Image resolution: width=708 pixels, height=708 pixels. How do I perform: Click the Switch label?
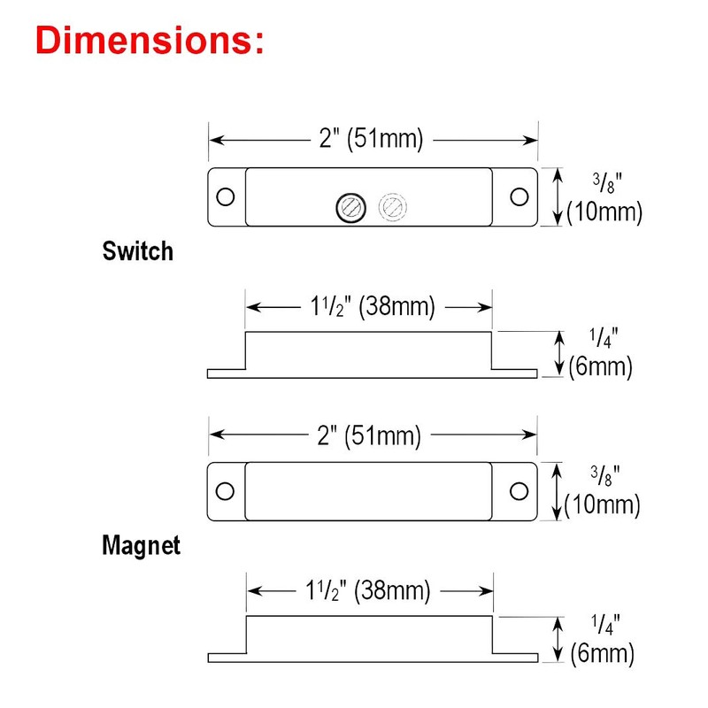point(138,251)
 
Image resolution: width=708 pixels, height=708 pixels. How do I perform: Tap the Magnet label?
point(141,545)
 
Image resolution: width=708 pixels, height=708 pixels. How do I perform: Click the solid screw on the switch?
point(348,207)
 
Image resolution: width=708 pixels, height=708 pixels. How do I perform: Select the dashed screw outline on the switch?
point(391,207)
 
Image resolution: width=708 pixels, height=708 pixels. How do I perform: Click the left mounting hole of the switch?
point(226,196)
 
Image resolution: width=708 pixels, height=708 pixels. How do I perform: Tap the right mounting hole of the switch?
point(519,196)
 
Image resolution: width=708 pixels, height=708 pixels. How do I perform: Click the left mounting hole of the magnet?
point(226,489)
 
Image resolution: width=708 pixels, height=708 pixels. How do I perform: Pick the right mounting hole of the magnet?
point(519,489)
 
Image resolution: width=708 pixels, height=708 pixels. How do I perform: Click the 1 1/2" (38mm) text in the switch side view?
point(369,307)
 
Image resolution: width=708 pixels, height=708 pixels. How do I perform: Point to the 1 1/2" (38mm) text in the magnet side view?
point(369,589)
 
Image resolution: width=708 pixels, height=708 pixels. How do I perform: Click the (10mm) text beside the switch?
point(604,213)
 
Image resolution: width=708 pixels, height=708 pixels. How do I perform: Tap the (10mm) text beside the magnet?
point(604,505)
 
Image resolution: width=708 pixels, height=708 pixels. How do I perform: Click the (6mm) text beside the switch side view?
point(600,367)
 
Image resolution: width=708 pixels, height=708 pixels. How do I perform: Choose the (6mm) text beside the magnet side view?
point(602,654)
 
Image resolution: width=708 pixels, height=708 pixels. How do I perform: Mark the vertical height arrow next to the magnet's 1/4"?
point(558,638)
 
